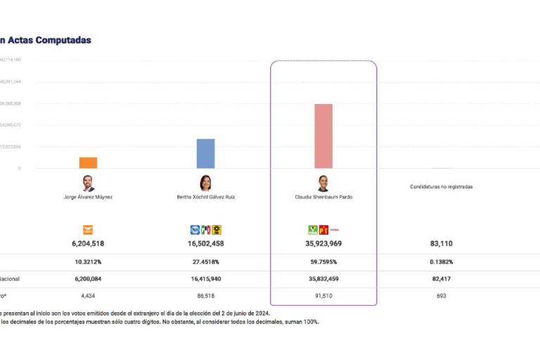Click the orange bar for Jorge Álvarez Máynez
coord(88,162)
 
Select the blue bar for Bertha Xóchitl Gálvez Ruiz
coord(205,153)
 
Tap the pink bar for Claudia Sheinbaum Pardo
coord(323,136)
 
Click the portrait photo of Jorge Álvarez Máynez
coord(88,184)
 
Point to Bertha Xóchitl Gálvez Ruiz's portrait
coord(206,184)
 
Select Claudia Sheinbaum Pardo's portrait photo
coord(323,184)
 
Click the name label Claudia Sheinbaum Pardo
coord(323,198)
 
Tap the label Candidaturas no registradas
coord(442,187)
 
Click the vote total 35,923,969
coord(323,244)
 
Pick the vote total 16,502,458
coord(206,244)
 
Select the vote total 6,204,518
coord(88,244)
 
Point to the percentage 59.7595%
coord(323,262)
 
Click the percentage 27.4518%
coord(206,262)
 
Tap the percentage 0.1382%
coord(442,262)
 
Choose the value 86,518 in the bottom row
coord(206,296)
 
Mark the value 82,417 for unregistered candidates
coord(442,279)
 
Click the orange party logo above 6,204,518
coord(88,229)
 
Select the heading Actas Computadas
coord(49,40)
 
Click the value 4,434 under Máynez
coord(88,296)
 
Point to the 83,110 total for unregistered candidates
coord(442,244)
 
